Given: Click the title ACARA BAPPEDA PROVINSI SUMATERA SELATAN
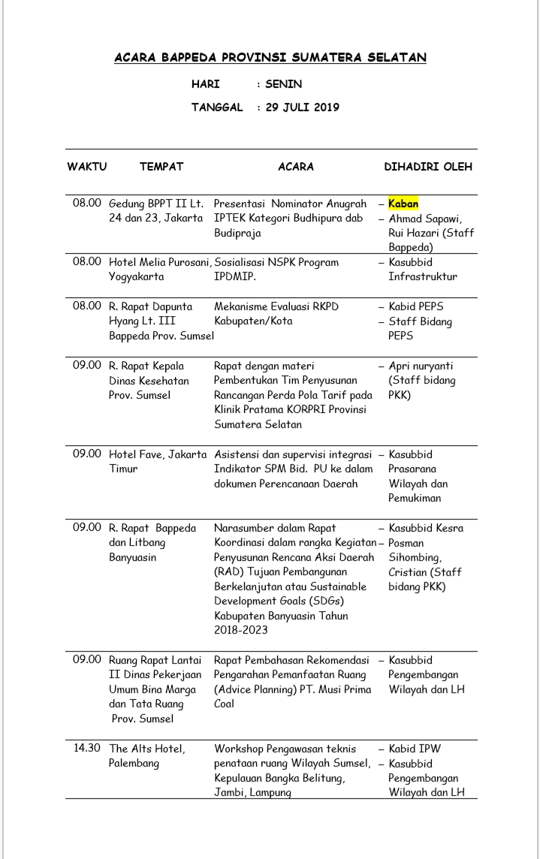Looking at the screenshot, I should click(x=270, y=58).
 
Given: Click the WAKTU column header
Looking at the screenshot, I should click(x=87, y=167).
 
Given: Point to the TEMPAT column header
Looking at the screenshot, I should click(x=161, y=167).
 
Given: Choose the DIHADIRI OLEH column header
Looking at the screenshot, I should click(x=428, y=167).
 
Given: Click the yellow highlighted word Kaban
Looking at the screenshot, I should click(x=403, y=203).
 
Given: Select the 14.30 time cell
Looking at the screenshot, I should click(x=87, y=749).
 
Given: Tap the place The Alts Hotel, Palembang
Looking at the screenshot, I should click(x=147, y=756).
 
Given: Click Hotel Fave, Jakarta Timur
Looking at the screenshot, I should click(x=157, y=461).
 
